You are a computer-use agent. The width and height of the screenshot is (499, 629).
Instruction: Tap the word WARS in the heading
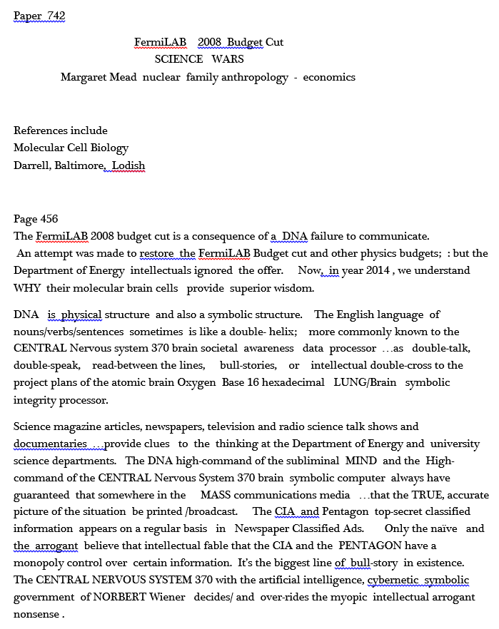(228, 59)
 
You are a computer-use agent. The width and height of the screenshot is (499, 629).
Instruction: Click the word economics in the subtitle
(329, 77)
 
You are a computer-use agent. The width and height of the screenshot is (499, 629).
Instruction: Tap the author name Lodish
(128, 166)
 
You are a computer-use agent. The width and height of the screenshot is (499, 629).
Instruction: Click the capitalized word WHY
(27, 288)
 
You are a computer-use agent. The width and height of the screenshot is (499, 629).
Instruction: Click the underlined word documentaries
(50, 444)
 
